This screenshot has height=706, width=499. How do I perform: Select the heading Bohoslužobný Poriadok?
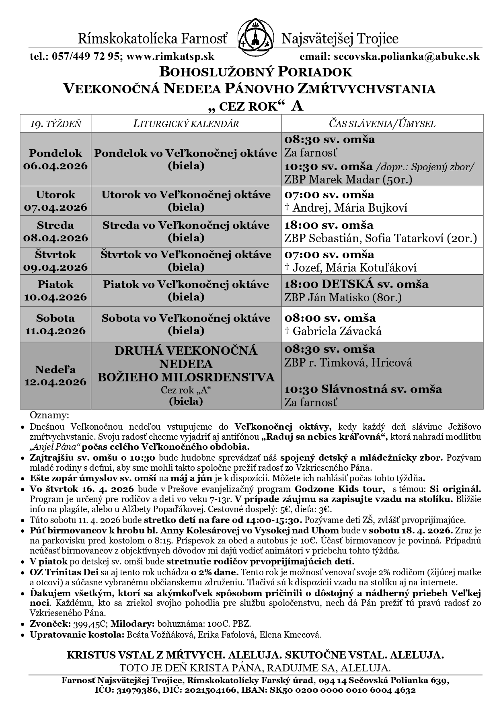pyautogui.click(x=256, y=72)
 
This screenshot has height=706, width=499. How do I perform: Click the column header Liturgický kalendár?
pyautogui.click(x=186, y=123)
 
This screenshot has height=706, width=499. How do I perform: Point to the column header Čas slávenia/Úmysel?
pyautogui.click(x=382, y=123)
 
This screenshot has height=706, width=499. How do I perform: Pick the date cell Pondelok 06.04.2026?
pyautogui.click(x=55, y=159)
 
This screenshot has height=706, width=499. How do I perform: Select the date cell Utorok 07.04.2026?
pyautogui.click(x=55, y=201)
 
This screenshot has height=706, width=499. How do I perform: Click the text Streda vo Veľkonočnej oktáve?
pyautogui.click(x=186, y=225)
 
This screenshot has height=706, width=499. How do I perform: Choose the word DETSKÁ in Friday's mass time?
pyautogui.click(x=347, y=284)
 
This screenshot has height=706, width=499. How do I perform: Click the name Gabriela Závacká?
pyautogui.click(x=337, y=331)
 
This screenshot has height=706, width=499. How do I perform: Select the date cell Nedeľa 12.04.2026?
pyautogui.click(x=55, y=375)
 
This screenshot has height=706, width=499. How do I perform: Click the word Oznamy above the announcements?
pyautogui.click(x=49, y=415)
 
